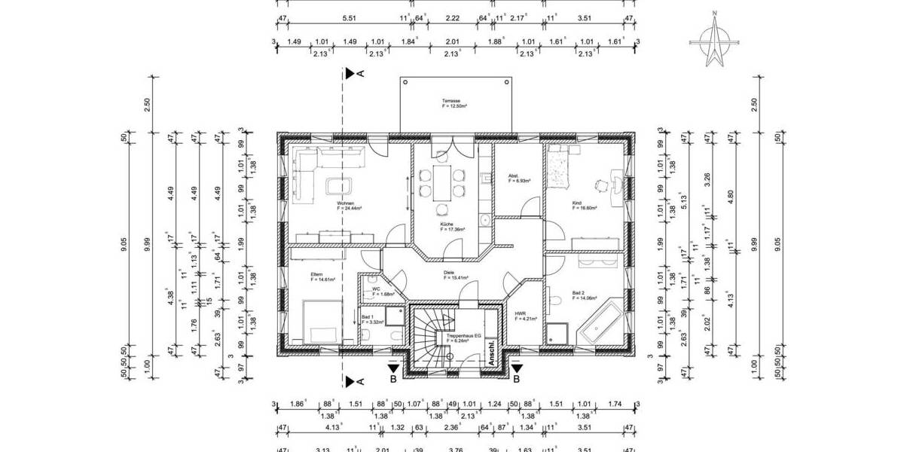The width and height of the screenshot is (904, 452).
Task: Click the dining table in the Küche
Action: [444, 181]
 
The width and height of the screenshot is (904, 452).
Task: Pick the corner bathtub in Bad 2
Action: [600, 322]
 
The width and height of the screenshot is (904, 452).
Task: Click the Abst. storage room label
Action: [519, 179]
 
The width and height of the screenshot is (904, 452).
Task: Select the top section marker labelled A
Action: [352, 73]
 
